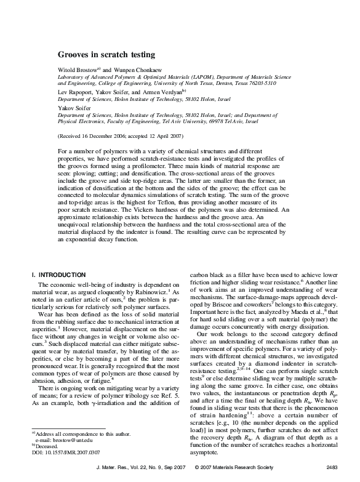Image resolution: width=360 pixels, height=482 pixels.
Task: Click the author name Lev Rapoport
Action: [74, 92]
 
